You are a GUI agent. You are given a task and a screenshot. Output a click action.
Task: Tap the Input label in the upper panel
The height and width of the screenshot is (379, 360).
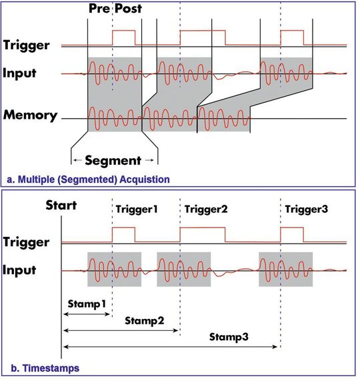[21, 71]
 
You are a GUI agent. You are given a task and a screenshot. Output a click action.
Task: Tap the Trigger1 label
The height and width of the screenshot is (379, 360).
[136, 208]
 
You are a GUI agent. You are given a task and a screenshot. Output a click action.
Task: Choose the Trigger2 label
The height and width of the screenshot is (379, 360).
[205, 208]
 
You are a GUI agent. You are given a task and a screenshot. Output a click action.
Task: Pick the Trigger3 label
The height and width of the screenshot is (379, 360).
[306, 208]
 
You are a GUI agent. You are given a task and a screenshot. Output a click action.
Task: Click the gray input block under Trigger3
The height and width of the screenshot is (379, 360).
[285, 269]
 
